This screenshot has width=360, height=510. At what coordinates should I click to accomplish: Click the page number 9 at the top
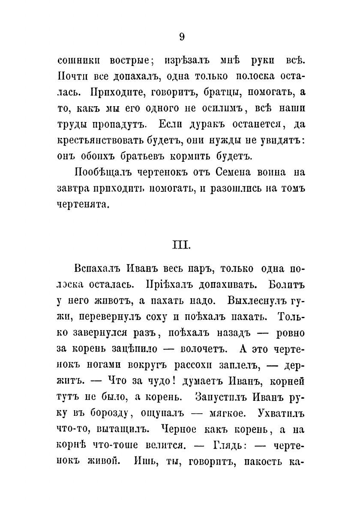pos(181,37)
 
